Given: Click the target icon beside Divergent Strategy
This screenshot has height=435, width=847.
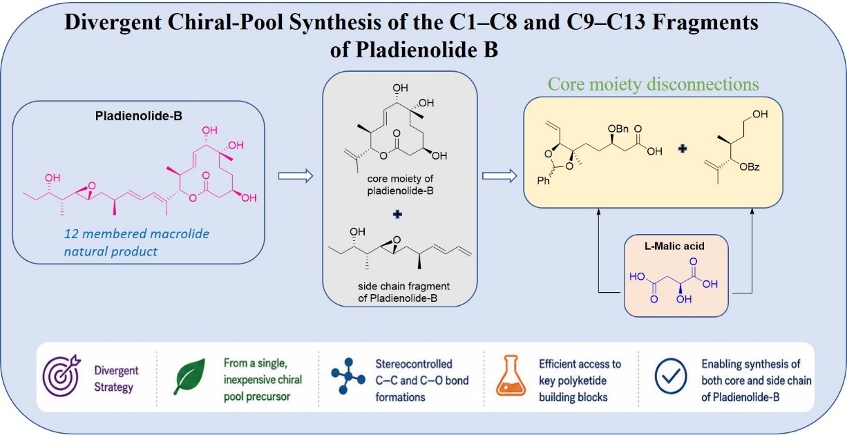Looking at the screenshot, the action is [x=61, y=376].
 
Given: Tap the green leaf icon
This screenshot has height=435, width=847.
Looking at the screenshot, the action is [x=189, y=376].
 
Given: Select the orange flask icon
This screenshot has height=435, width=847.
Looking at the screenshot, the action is [x=511, y=376].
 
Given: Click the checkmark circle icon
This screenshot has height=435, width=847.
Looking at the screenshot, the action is [x=671, y=376].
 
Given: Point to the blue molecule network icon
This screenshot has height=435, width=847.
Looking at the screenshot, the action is [x=348, y=376].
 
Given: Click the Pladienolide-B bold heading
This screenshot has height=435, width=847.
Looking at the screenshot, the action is [x=138, y=115].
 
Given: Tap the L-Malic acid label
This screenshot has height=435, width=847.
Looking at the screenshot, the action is [x=674, y=246].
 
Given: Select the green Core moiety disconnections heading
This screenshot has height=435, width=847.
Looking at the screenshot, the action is [x=653, y=84].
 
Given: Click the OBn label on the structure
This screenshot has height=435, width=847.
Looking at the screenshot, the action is [x=618, y=129].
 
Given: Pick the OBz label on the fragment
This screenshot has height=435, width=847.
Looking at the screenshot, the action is [x=750, y=166].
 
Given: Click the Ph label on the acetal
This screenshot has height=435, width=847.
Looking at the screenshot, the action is [x=544, y=181].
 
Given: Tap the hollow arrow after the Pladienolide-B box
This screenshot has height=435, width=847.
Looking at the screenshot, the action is [x=296, y=176].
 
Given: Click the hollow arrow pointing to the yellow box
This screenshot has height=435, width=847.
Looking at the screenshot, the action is [x=499, y=176].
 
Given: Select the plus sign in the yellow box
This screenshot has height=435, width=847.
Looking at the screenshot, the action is [x=683, y=148].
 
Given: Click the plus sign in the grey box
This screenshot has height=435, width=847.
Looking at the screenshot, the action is [x=397, y=214].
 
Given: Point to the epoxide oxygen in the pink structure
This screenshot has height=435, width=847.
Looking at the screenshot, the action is [x=91, y=186].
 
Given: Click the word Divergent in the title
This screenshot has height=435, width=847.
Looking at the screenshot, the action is [x=113, y=22].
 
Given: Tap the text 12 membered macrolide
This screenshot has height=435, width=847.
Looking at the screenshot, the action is [x=137, y=233].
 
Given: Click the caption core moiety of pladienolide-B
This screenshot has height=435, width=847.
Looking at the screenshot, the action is [x=401, y=184].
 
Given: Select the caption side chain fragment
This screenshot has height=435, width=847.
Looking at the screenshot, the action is [x=403, y=286].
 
